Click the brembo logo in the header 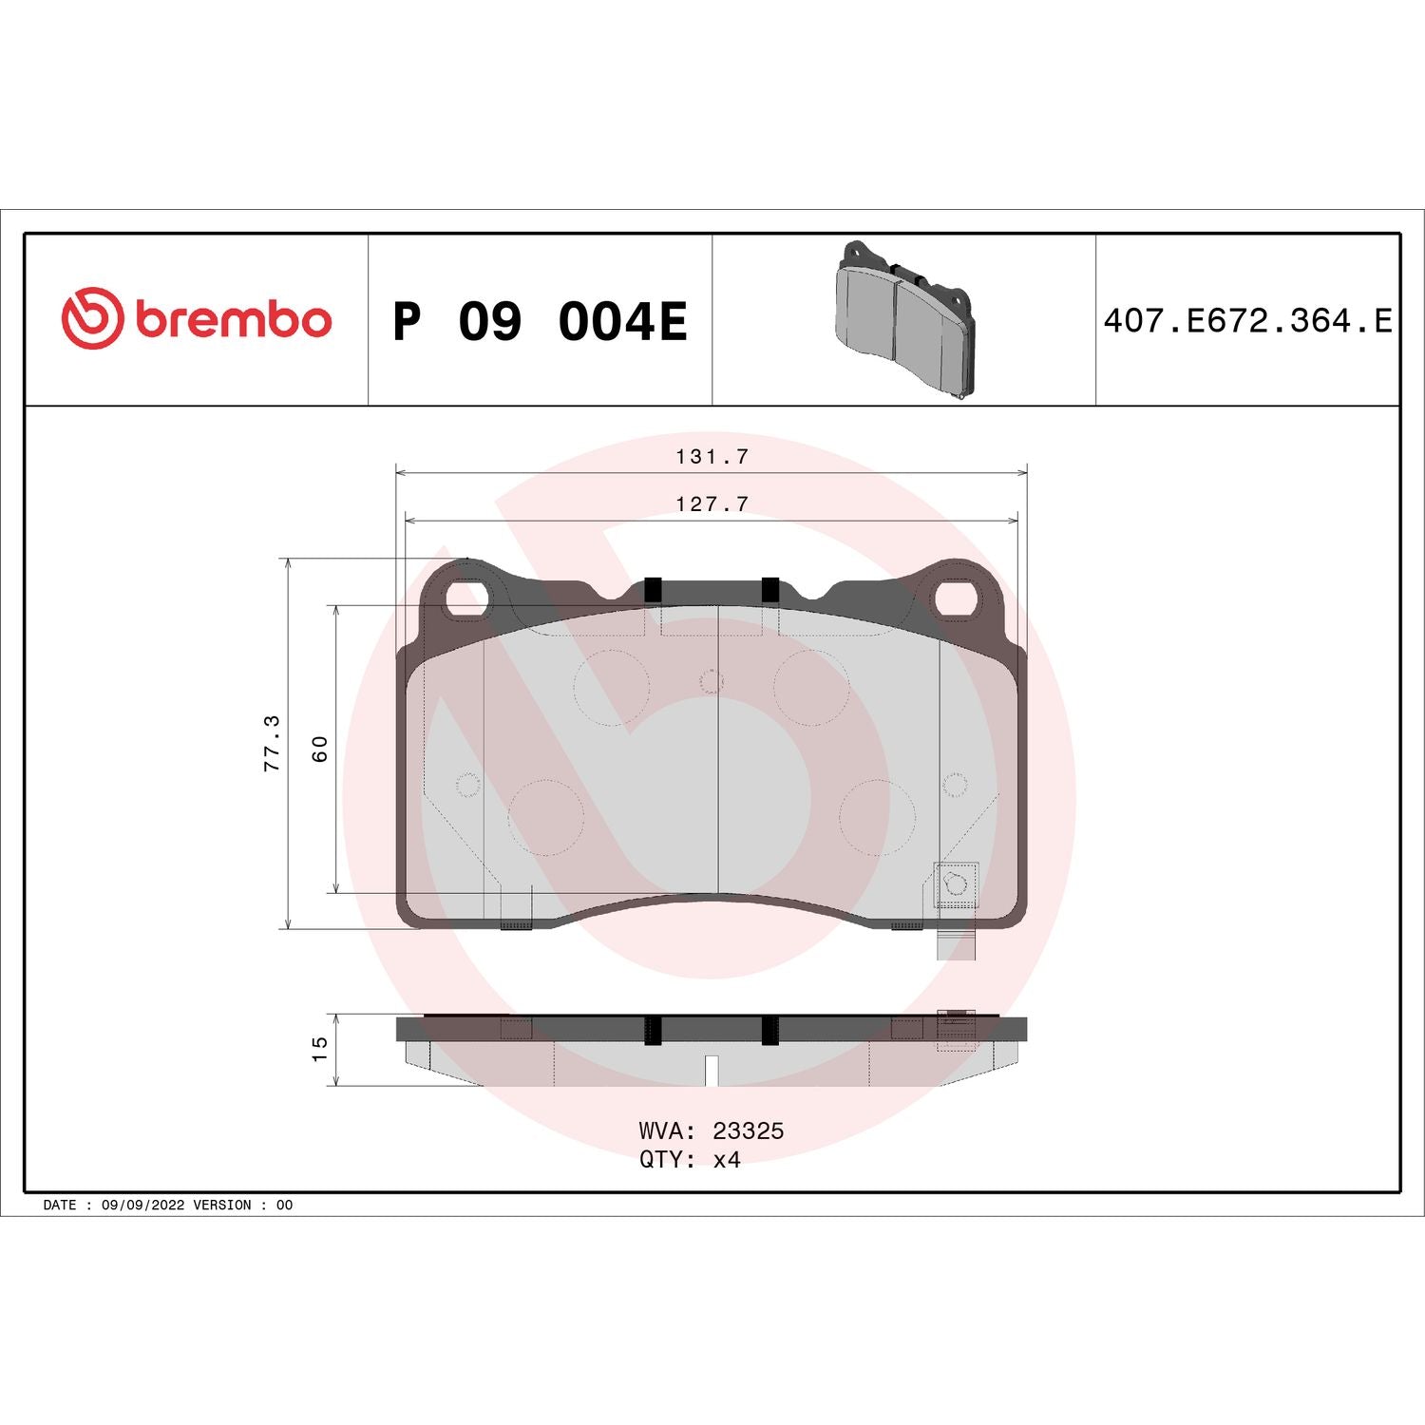[x=197, y=318]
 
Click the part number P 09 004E [x=539, y=321]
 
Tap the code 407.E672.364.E [x=1247, y=321]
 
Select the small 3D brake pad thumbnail [x=904, y=318]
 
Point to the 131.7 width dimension [x=712, y=457]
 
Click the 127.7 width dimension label [x=712, y=504]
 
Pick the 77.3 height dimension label [x=273, y=743]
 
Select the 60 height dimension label [x=320, y=749]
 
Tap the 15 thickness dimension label [x=320, y=1049]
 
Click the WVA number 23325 [x=748, y=1130]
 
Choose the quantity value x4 [x=727, y=1160]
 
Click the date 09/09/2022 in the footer [x=142, y=1205]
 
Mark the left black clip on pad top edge [x=653, y=590]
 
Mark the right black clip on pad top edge [x=769, y=590]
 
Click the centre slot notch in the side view [x=711, y=1071]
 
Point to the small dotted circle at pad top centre [x=711, y=681]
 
